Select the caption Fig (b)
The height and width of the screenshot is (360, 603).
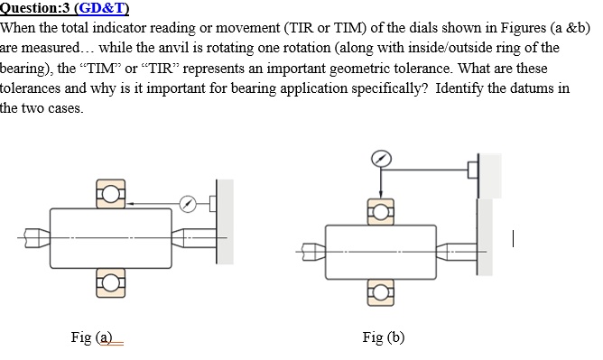point(383,337)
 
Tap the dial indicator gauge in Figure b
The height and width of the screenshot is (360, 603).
point(382,159)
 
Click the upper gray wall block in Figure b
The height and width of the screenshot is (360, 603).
point(490,173)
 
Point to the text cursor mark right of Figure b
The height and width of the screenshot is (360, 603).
point(512,239)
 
